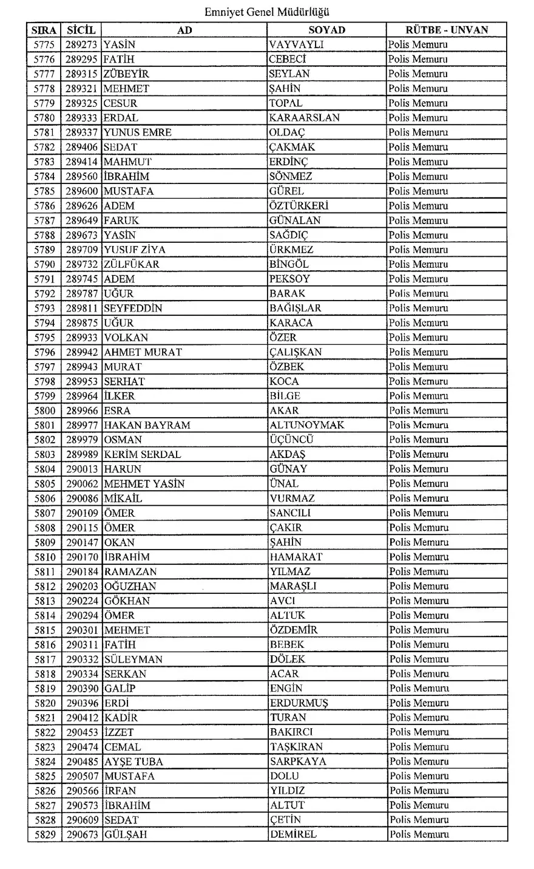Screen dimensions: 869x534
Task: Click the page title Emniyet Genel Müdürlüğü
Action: pyautogui.click(x=267, y=12)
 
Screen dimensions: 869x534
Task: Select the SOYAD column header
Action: pyautogui.click(x=326, y=30)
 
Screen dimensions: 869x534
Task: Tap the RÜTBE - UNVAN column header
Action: pyautogui.click(x=447, y=30)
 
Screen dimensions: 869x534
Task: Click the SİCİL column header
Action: pyautogui.click(x=81, y=30)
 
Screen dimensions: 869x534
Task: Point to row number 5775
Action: pyautogui.click(x=44, y=45)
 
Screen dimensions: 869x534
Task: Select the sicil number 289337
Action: pyautogui.click(x=82, y=132)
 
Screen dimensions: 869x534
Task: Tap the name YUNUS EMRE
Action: pyautogui.click(x=138, y=132)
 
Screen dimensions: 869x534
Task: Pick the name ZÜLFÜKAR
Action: pyautogui.click(x=131, y=264)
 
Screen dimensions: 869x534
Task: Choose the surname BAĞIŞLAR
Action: pyautogui.click(x=296, y=308)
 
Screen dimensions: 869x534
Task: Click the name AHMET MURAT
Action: pyautogui.click(x=143, y=352)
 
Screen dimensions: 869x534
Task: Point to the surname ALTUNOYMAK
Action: pyautogui.click(x=306, y=425)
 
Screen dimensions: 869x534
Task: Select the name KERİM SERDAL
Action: pyautogui.click(x=142, y=454)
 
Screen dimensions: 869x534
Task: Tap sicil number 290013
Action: pyautogui.click(x=82, y=469)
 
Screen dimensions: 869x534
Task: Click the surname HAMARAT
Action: pyautogui.click(x=296, y=557)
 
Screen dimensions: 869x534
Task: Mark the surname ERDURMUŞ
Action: pyautogui.click(x=299, y=703)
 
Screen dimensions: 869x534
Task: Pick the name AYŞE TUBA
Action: pyautogui.click(x=133, y=762)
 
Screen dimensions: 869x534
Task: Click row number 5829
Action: pyautogui.click(x=44, y=834)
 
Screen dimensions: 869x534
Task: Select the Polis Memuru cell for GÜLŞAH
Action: pyautogui.click(x=419, y=834)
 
